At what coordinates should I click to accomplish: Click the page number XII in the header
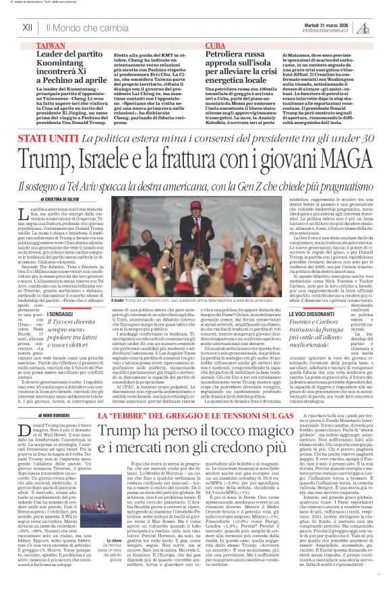point(28,28)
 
